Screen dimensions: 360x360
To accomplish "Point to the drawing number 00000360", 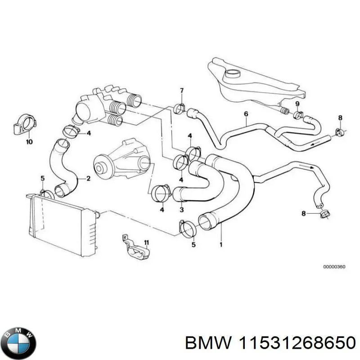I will click(334, 267).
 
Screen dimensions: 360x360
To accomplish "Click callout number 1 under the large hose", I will click(221, 245).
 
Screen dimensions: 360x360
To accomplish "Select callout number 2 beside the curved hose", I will click(88, 179).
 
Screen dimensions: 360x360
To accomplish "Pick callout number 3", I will click(181, 210).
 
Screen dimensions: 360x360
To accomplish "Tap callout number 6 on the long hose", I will click(246, 114).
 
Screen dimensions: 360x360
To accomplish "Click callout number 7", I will click(182, 91).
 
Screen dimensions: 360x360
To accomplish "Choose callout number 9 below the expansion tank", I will click(297, 104).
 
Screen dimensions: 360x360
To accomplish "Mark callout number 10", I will click(30, 142).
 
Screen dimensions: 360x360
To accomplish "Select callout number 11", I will click(146, 243).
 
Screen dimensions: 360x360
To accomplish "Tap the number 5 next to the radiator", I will click(42, 179).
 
